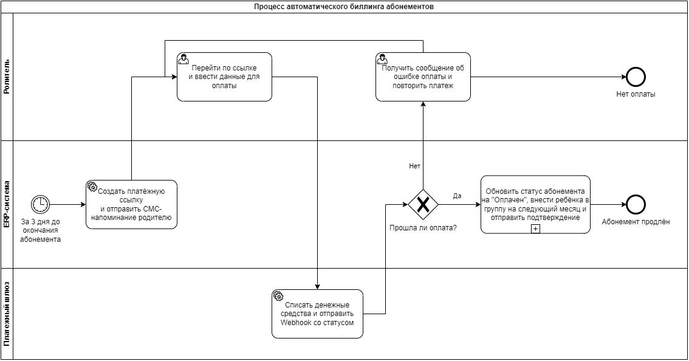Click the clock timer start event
41,204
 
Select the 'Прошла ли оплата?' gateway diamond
423,204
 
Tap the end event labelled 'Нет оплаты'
636,77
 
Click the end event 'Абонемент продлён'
636,204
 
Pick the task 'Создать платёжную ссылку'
131,204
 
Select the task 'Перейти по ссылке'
225,77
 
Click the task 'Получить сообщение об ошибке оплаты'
423,77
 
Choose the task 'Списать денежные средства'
317,314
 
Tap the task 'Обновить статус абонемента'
535,204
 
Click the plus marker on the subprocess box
535,229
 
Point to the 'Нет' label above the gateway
415,166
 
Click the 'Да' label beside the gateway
457,196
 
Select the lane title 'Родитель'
7,77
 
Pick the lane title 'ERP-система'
7,204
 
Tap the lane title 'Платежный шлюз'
7,314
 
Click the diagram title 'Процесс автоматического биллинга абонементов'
344,7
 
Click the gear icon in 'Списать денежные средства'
278,295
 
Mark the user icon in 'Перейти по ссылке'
183,59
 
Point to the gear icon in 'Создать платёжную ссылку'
92,186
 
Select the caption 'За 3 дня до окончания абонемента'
41,231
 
